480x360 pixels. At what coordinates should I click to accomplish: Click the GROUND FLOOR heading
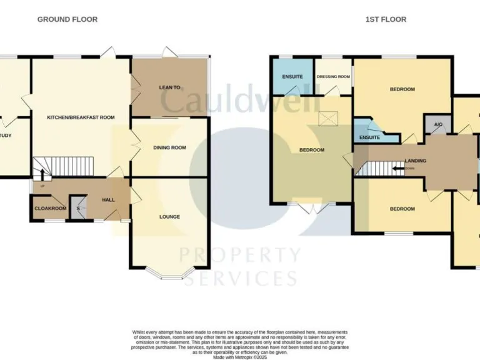pyautogui.click(x=67, y=19)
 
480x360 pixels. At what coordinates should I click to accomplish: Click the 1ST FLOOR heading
pyautogui.click(x=386, y=19)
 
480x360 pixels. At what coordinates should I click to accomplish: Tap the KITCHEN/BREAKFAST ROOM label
pyautogui.click(x=81, y=117)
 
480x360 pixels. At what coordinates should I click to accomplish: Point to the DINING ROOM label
pyautogui.click(x=170, y=147)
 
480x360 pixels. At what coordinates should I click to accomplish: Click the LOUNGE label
pyautogui.click(x=169, y=217)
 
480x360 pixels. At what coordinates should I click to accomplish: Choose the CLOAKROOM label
pyautogui.click(x=50, y=208)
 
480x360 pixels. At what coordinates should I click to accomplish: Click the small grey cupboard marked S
pyautogui.click(x=79, y=208)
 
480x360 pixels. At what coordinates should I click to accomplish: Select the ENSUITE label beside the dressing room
pyautogui.click(x=292, y=76)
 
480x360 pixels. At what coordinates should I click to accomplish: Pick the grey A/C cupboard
pyautogui.click(x=438, y=125)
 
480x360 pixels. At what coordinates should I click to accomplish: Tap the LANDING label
pyautogui.click(x=416, y=161)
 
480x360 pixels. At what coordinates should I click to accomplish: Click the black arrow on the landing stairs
pyautogui.click(x=396, y=168)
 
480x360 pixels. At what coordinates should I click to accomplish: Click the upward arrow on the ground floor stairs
pyautogui.click(x=42, y=173)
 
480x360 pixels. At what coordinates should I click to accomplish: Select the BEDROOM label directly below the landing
pyautogui.click(x=402, y=209)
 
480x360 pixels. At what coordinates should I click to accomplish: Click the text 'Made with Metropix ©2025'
pyautogui.click(x=240, y=357)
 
